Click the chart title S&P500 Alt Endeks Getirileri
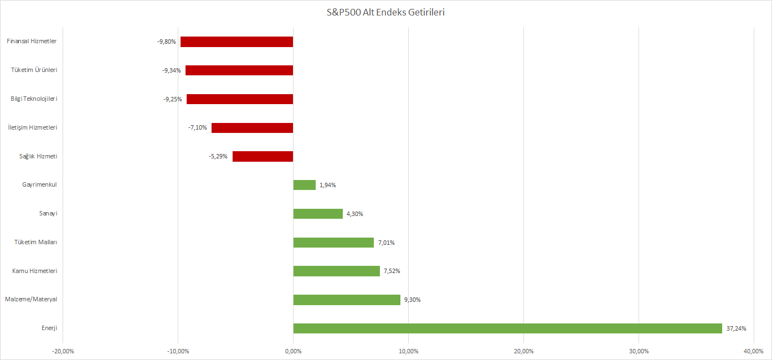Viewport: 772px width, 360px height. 385,12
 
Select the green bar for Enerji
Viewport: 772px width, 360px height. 507,328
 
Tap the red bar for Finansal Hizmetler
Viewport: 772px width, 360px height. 236,42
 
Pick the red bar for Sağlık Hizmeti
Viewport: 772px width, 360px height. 263,156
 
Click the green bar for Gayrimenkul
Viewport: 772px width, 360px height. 304,185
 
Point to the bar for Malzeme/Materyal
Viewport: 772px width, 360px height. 347,300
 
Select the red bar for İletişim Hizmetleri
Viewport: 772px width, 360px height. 252,127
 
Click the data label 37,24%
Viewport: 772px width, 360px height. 736,328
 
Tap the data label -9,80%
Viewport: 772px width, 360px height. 166,42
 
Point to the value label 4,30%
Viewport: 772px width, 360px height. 354,214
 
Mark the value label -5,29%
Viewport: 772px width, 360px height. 218,156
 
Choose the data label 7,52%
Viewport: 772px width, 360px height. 391,271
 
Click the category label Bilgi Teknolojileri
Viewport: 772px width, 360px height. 34,99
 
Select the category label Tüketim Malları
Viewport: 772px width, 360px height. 35,242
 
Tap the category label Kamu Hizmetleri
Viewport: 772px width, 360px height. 35,271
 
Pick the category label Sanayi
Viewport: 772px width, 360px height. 47,214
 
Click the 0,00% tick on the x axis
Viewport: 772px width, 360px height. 293,351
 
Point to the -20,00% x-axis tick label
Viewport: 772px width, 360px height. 63,351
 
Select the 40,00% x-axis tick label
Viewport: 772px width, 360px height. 754,351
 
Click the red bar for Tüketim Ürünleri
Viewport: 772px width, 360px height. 239,70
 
